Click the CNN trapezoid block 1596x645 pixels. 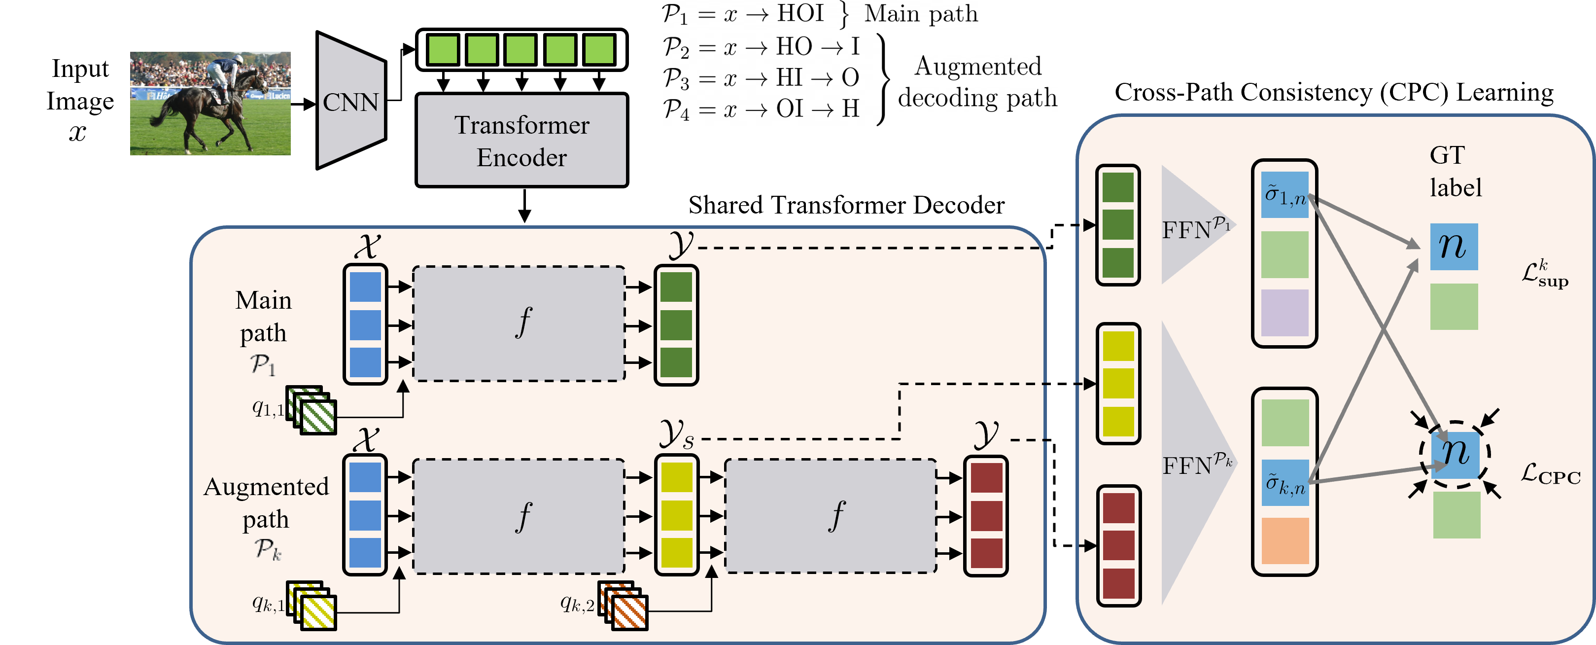coord(350,101)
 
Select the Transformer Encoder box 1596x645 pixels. coord(521,140)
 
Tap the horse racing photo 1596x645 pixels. coord(210,104)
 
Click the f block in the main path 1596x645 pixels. coord(519,323)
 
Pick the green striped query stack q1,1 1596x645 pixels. coord(313,410)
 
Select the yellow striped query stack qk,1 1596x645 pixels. coord(313,606)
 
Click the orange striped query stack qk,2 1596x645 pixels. coord(624,606)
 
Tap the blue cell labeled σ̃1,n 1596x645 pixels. coord(1284,195)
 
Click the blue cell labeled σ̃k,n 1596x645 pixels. coord(1285,483)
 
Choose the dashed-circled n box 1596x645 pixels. coord(1456,454)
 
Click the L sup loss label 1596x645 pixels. coord(1545,274)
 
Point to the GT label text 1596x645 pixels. coord(1455,171)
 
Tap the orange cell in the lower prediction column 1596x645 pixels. coord(1285,540)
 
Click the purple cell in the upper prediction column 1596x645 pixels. coord(1284,312)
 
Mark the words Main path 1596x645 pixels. coord(263,316)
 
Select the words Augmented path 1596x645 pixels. coord(266,502)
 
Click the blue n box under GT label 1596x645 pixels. coord(1454,247)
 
